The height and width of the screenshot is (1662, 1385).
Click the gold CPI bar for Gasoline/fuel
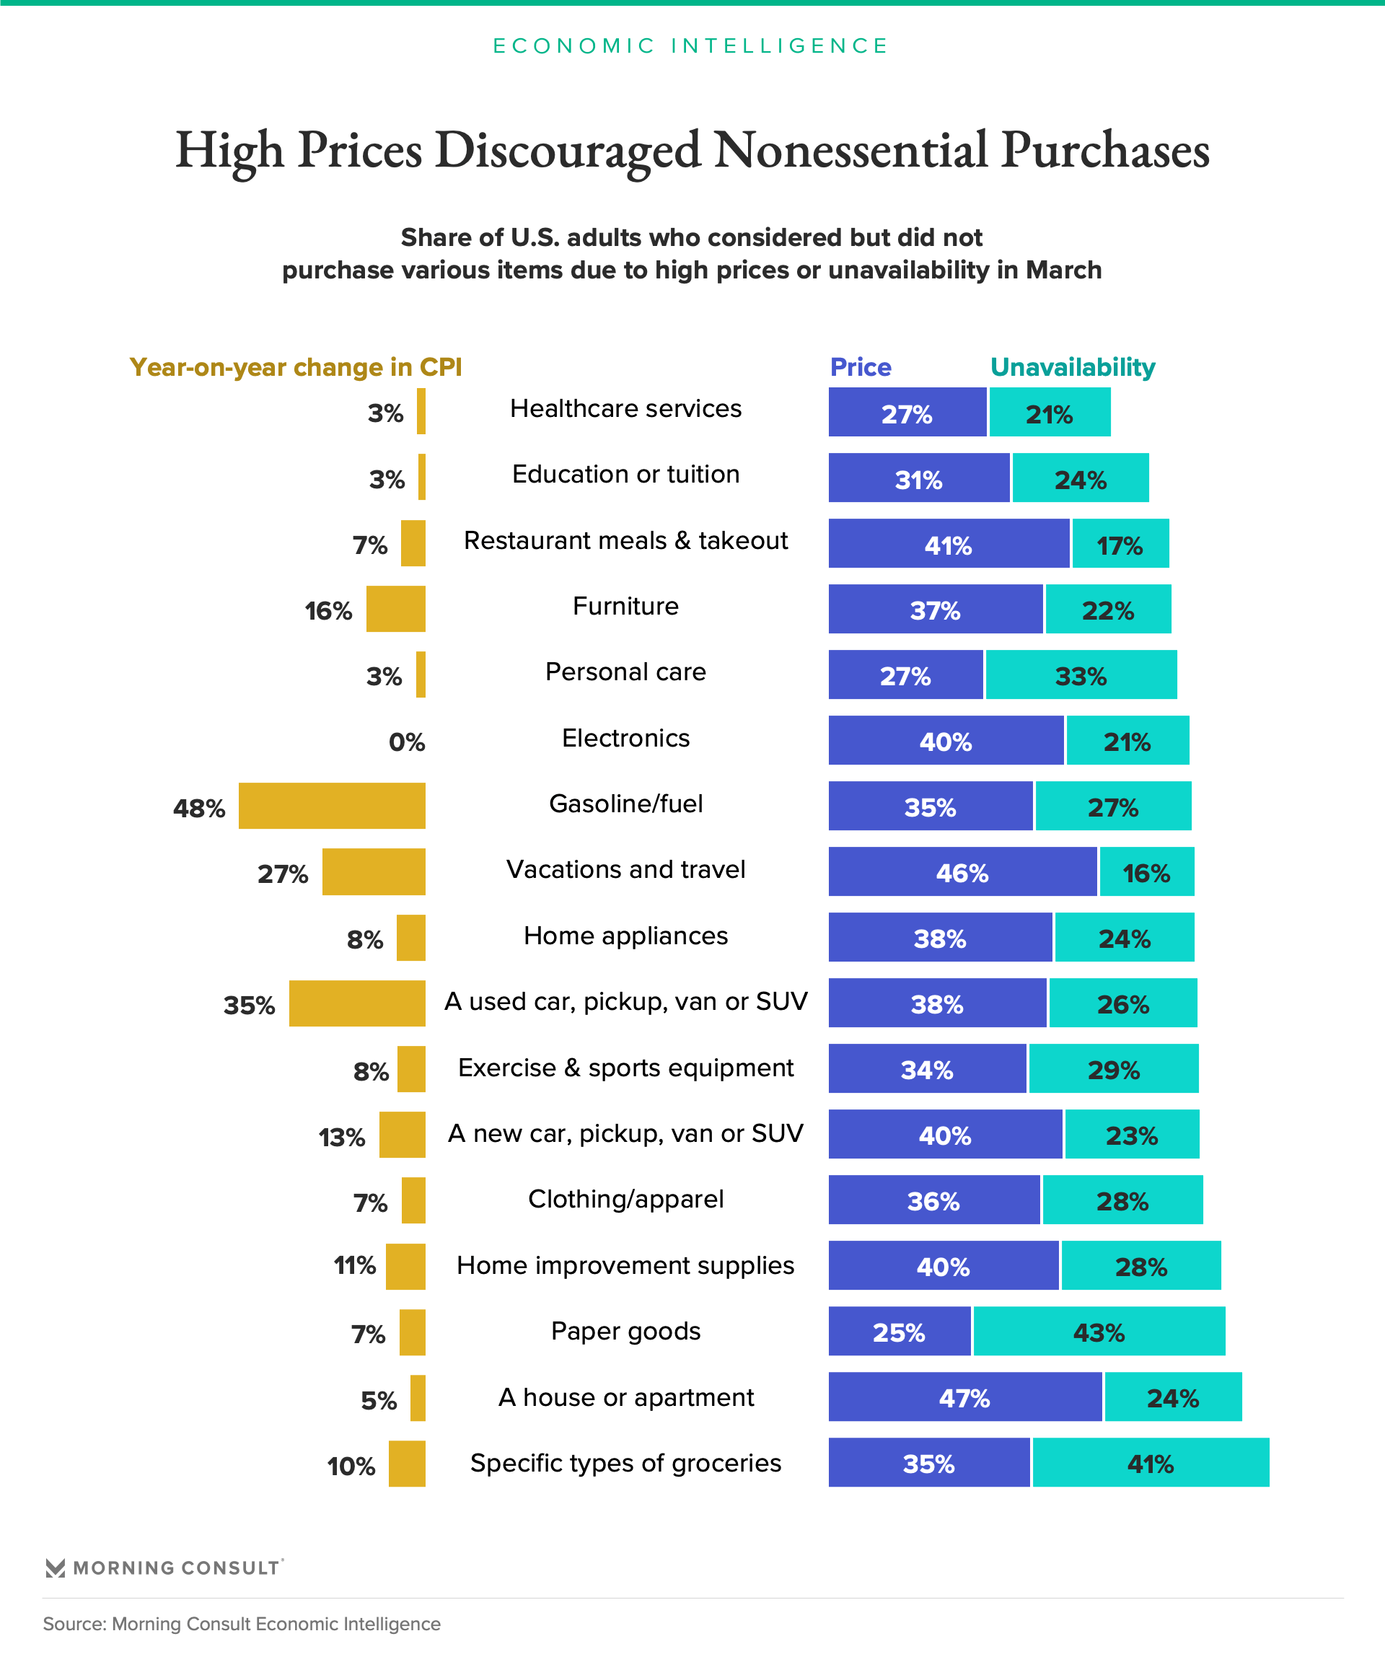[x=332, y=806]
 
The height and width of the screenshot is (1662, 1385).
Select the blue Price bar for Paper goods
[x=899, y=1332]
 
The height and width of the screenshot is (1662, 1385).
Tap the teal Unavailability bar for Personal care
[x=1081, y=675]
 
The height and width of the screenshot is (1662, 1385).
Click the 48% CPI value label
[x=198, y=808]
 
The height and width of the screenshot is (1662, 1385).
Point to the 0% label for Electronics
[x=407, y=742]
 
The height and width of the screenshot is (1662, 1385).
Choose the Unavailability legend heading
[x=1073, y=367]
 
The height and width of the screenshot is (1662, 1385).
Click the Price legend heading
[x=861, y=367]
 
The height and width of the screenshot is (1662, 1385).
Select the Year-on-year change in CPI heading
[x=295, y=367]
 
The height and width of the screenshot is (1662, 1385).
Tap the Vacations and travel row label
[x=625, y=870]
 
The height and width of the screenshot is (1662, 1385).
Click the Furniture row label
[x=625, y=606]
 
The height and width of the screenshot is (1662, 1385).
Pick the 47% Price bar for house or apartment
[x=964, y=1398]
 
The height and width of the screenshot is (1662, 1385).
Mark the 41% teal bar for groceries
[x=1151, y=1464]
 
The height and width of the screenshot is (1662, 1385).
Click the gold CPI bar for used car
[x=357, y=1003]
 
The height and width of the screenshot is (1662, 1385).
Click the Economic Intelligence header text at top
[x=692, y=46]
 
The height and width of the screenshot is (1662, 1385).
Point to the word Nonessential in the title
[x=850, y=150]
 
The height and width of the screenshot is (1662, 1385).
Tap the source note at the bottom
[x=242, y=1624]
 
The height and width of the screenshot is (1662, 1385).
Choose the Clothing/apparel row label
[x=625, y=1199]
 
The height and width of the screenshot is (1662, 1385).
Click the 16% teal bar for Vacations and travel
[x=1147, y=872]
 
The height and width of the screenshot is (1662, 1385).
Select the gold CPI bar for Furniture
[x=396, y=609]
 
